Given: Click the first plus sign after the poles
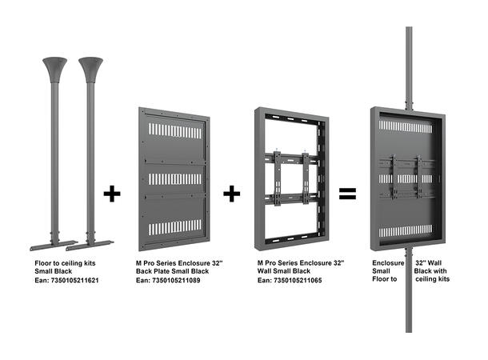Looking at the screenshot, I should tap(113, 193).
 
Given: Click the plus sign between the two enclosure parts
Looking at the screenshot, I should tap(232, 193).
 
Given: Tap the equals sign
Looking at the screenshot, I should tap(347, 193).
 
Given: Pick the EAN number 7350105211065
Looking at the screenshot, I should tap(290, 282).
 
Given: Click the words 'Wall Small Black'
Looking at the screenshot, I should tap(285, 272).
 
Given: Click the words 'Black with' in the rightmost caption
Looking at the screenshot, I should tap(433, 272).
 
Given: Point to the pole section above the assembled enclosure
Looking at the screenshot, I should tap(409, 64).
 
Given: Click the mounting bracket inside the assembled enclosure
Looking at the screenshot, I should tap(408, 178).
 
